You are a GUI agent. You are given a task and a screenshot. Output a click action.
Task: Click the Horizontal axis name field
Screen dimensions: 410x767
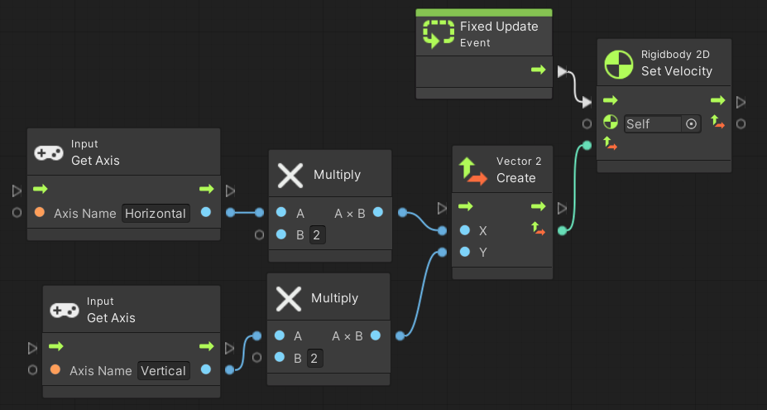(x=156, y=213)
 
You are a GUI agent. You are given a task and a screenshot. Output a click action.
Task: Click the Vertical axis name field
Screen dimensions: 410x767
(x=163, y=370)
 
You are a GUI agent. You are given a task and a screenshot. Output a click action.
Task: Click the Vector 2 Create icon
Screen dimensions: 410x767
(x=473, y=170)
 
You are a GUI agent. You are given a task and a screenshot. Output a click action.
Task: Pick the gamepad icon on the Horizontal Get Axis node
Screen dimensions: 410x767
(x=48, y=152)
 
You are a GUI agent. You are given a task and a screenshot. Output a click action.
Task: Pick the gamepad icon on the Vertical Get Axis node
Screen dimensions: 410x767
(x=64, y=310)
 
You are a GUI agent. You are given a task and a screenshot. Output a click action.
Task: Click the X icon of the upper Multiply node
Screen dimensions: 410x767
(x=290, y=175)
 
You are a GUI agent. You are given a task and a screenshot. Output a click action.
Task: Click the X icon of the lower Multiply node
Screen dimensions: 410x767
(x=289, y=298)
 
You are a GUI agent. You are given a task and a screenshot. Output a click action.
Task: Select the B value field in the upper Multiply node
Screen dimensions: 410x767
(x=317, y=234)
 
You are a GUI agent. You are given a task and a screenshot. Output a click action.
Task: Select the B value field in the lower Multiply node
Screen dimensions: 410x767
(x=314, y=358)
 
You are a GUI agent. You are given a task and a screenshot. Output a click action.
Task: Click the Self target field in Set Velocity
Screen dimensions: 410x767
(x=652, y=123)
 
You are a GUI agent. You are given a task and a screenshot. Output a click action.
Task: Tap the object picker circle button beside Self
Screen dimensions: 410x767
(x=692, y=123)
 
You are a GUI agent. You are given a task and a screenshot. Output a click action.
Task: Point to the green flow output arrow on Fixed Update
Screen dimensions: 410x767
(x=539, y=70)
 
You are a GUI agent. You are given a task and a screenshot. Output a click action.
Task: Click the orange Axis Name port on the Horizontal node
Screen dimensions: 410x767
(x=39, y=213)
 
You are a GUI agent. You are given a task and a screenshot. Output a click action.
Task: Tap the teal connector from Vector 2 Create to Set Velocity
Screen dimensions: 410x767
(x=575, y=191)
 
